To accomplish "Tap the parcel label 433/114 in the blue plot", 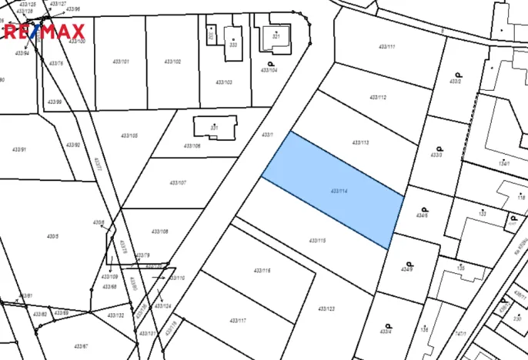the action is (x=339, y=190).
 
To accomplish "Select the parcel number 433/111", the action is (x=386, y=48).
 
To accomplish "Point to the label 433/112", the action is (x=377, y=98).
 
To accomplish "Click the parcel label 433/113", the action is (x=360, y=142).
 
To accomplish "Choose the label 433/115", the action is (x=316, y=241).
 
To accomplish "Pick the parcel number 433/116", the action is (x=262, y=271).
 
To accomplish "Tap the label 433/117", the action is (x=238, y=320).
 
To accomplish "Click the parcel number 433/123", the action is (x=326, y=308).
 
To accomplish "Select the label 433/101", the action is (x=121, y=62).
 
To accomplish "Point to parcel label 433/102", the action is (x=172, y=62).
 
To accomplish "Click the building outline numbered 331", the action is (x=215, y=127).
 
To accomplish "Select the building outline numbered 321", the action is (x=274, y=35).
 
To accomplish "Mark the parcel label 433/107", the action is (x=177, y=182).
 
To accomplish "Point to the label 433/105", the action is (x=129, y=135).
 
